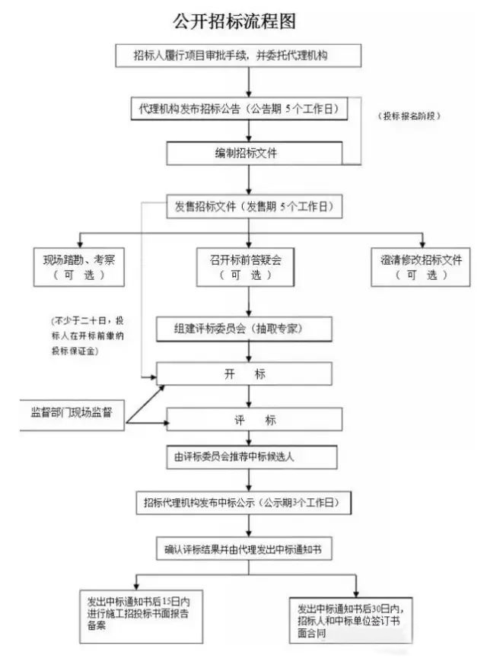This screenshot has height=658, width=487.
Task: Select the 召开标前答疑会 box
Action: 244,266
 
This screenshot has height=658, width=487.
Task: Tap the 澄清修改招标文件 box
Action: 421,266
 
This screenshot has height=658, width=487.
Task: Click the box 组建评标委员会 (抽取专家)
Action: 244,329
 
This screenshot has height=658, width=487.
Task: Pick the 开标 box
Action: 244,374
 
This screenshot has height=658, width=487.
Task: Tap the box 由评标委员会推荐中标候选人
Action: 252,457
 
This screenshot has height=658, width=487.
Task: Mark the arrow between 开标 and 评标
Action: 244,396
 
